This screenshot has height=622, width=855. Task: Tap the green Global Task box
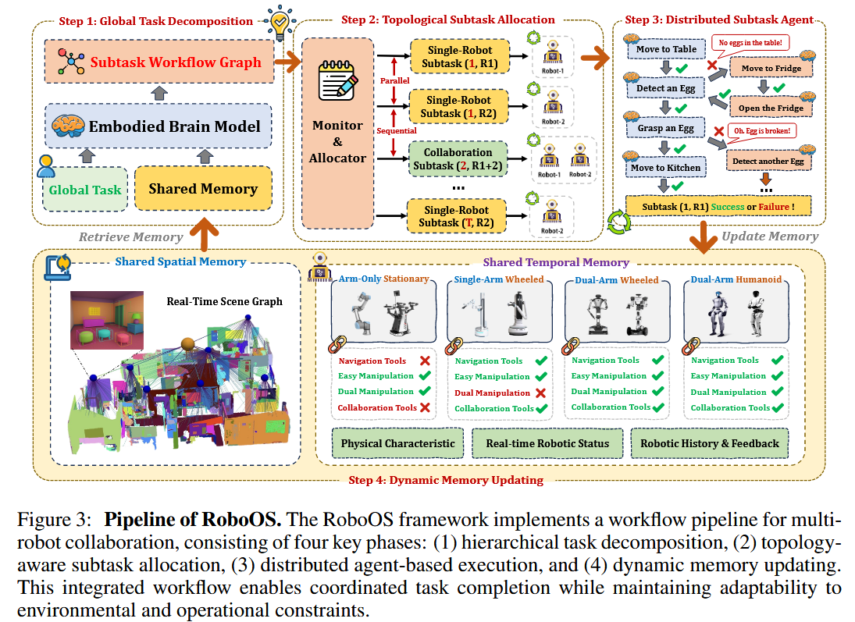[85, 189]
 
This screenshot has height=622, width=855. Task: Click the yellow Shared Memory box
[202, 189]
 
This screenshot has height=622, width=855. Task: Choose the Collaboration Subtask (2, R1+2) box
[458, 159]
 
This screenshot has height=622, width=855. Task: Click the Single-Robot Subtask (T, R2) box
[458, 216]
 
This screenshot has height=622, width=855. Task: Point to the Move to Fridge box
[771, 69]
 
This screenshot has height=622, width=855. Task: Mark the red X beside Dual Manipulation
[540, 393]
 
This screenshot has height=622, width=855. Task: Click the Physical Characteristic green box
[397, 443]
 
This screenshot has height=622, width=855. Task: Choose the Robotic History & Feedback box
[710, 443]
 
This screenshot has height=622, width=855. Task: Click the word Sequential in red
[396, 132]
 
